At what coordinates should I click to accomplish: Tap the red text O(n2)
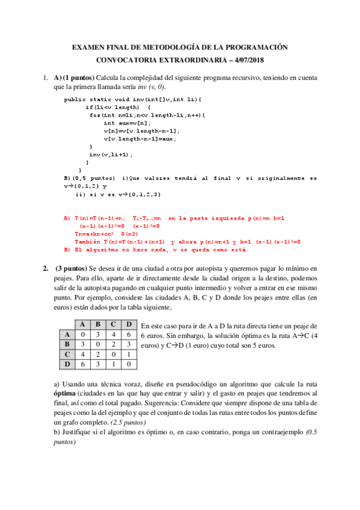[130, 234]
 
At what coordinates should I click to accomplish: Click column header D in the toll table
[128, 325]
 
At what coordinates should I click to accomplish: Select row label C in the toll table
[67, 354]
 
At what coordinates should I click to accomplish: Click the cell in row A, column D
[128, 335]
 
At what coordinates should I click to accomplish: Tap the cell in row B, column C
[112, 345]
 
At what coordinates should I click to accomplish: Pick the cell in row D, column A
[82, 364]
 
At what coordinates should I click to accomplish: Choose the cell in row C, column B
[97, 354]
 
